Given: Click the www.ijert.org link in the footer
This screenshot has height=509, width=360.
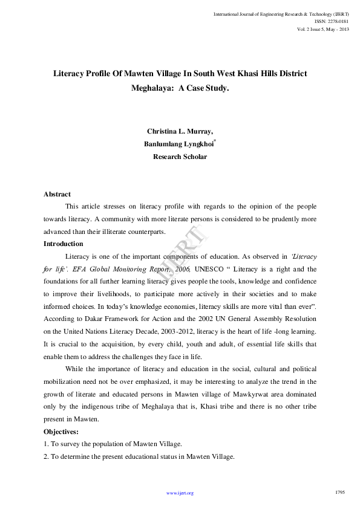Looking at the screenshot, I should click(x=180, y=493).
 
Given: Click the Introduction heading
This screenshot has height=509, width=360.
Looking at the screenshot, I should click(x=64, y=244).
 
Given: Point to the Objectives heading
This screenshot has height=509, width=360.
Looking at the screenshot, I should click(x=61, y=432).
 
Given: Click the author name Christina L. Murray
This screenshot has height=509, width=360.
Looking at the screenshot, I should click(x=180, y=131).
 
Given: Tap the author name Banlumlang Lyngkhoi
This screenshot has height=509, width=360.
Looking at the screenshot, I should click(x=178, y=144).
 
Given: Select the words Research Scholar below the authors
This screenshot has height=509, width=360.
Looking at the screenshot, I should click(x=180, y=157).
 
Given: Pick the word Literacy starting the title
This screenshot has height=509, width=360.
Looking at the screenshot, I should click(x=68, y=73).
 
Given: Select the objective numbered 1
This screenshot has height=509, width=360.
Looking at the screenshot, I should click(x=112, y=444).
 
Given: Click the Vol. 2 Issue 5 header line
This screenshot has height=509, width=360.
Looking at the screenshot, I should click(x=322, y=28).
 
